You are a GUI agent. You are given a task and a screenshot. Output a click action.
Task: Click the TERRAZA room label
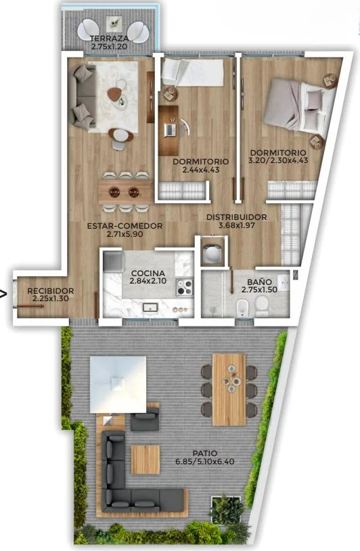point(108,39)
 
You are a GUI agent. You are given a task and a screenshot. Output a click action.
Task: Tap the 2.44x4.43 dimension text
point(201,170)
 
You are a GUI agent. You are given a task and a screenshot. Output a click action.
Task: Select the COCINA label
point(148,273)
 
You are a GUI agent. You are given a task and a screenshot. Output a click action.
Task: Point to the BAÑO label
point(259,282)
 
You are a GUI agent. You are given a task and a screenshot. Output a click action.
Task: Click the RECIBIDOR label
point(51,291)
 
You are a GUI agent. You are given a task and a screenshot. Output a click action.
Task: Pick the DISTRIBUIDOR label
point(236,217)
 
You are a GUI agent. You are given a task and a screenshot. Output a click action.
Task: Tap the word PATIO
point(205,454)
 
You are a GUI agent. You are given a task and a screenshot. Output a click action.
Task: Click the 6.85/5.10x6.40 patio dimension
point(205,462)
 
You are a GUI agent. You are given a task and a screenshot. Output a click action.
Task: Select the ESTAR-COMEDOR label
point(125,226)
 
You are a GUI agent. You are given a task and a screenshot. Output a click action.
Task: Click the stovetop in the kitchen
point(185,287)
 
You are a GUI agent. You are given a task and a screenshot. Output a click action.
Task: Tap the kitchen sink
point(150,307)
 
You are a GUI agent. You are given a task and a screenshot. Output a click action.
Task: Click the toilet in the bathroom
point(261,306)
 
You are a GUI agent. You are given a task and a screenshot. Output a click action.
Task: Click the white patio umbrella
point(118,384)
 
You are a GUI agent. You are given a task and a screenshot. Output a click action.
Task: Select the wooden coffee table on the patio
point(145,460)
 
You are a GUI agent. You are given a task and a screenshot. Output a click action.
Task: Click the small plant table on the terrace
point(114,24)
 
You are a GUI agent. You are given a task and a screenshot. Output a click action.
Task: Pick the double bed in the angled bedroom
point(298,106)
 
